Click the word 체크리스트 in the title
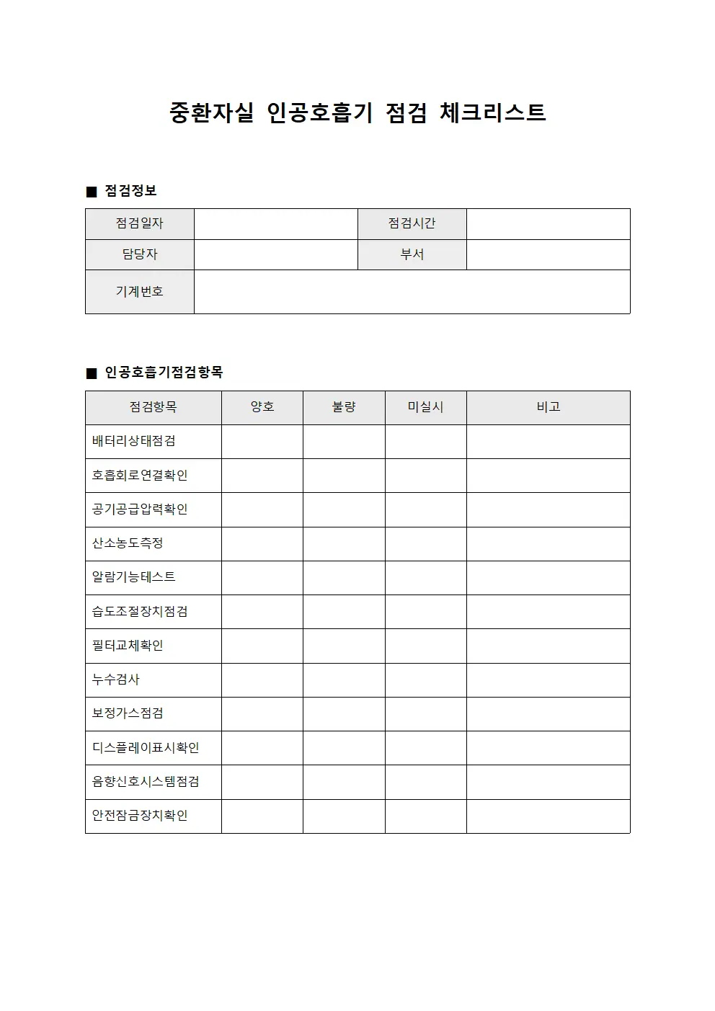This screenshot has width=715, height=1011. click(x=492, y=112)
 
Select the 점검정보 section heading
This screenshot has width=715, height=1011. click(x=130, y=191)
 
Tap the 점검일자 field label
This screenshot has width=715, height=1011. click(x=140, y=223)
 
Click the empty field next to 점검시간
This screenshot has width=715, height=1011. click(x=548, y=224)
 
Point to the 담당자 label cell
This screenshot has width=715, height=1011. click(x=140, y=254)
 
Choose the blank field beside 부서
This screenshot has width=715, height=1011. click(x=548, y=254)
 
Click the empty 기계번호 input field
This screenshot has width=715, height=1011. click(x=412, y=292)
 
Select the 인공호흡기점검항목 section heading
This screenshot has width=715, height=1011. click(x=164, y=373)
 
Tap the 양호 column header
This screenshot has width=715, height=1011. click(x=262, y=407)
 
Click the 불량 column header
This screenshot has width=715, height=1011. click(x=344, y=407)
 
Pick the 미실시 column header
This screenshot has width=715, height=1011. click(x=425, y=407)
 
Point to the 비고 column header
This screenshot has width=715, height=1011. click(x=548, y=407)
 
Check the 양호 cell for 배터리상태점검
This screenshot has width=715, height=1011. click(x=262, y=442)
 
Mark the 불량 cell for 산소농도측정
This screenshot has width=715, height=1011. click(x=344, y=544)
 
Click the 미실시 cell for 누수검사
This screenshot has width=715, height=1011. click(x=425, y=680)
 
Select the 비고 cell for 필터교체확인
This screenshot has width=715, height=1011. click(x=548, y=646)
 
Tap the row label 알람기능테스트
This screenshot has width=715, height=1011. click(x=134, y=577)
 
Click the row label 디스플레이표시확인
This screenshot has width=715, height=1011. click(x=146, y=748)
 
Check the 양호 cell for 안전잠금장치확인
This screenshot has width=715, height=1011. click(x=262, y=816)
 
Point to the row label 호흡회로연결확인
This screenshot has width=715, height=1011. click(x=140, y=476)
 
